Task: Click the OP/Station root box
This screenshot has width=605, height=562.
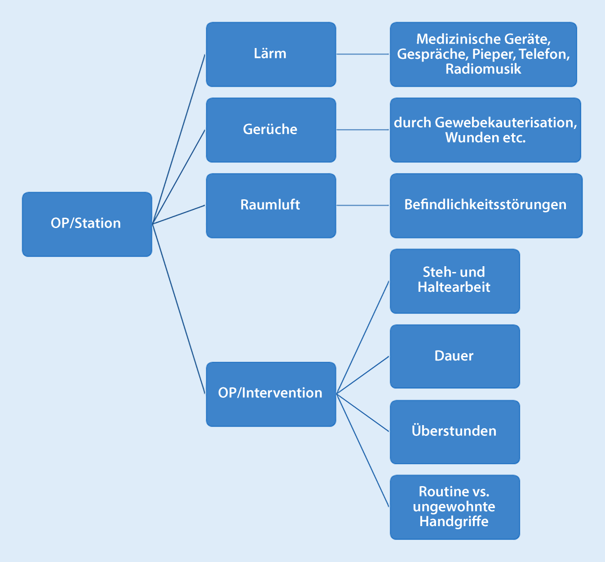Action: click(87, 224)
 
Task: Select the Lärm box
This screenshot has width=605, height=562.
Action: click(271, 54)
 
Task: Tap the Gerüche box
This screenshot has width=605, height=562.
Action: click(271, 130)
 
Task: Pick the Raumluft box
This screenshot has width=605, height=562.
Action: click(271, 206)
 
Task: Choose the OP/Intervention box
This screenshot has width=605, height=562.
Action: click(271, 394)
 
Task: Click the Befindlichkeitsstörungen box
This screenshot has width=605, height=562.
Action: click(486, 206)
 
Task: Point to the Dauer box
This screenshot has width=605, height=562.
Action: click(455, 356)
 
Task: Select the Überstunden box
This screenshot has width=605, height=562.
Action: click(455, 432)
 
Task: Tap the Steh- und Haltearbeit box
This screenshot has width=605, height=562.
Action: click(455, 281)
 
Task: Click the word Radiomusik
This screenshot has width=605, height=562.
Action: click(483, 69)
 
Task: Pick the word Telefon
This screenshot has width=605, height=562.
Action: click(544, 54)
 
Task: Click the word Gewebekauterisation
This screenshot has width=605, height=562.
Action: click(506, 123)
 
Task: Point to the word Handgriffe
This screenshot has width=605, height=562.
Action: click(454, 522)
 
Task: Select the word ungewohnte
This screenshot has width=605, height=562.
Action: click(454, 507)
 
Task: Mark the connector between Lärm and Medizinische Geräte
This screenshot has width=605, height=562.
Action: click(363, 54)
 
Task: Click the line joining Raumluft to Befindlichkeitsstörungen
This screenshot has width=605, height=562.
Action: click(363, 205)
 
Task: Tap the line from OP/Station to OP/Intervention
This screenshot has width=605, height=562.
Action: click(179, 309)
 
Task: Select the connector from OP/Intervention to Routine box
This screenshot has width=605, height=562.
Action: click(363, 451)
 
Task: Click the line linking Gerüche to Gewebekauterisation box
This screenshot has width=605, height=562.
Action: click(363, 130)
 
